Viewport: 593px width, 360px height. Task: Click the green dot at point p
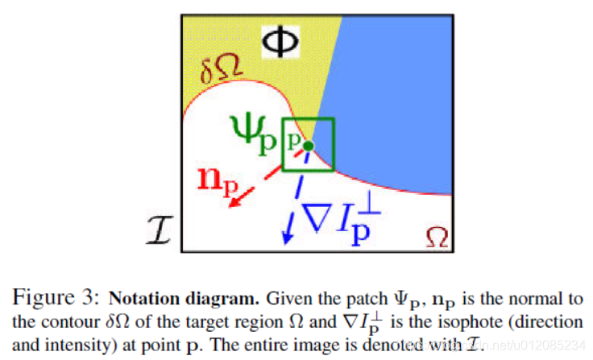(306, 146)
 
